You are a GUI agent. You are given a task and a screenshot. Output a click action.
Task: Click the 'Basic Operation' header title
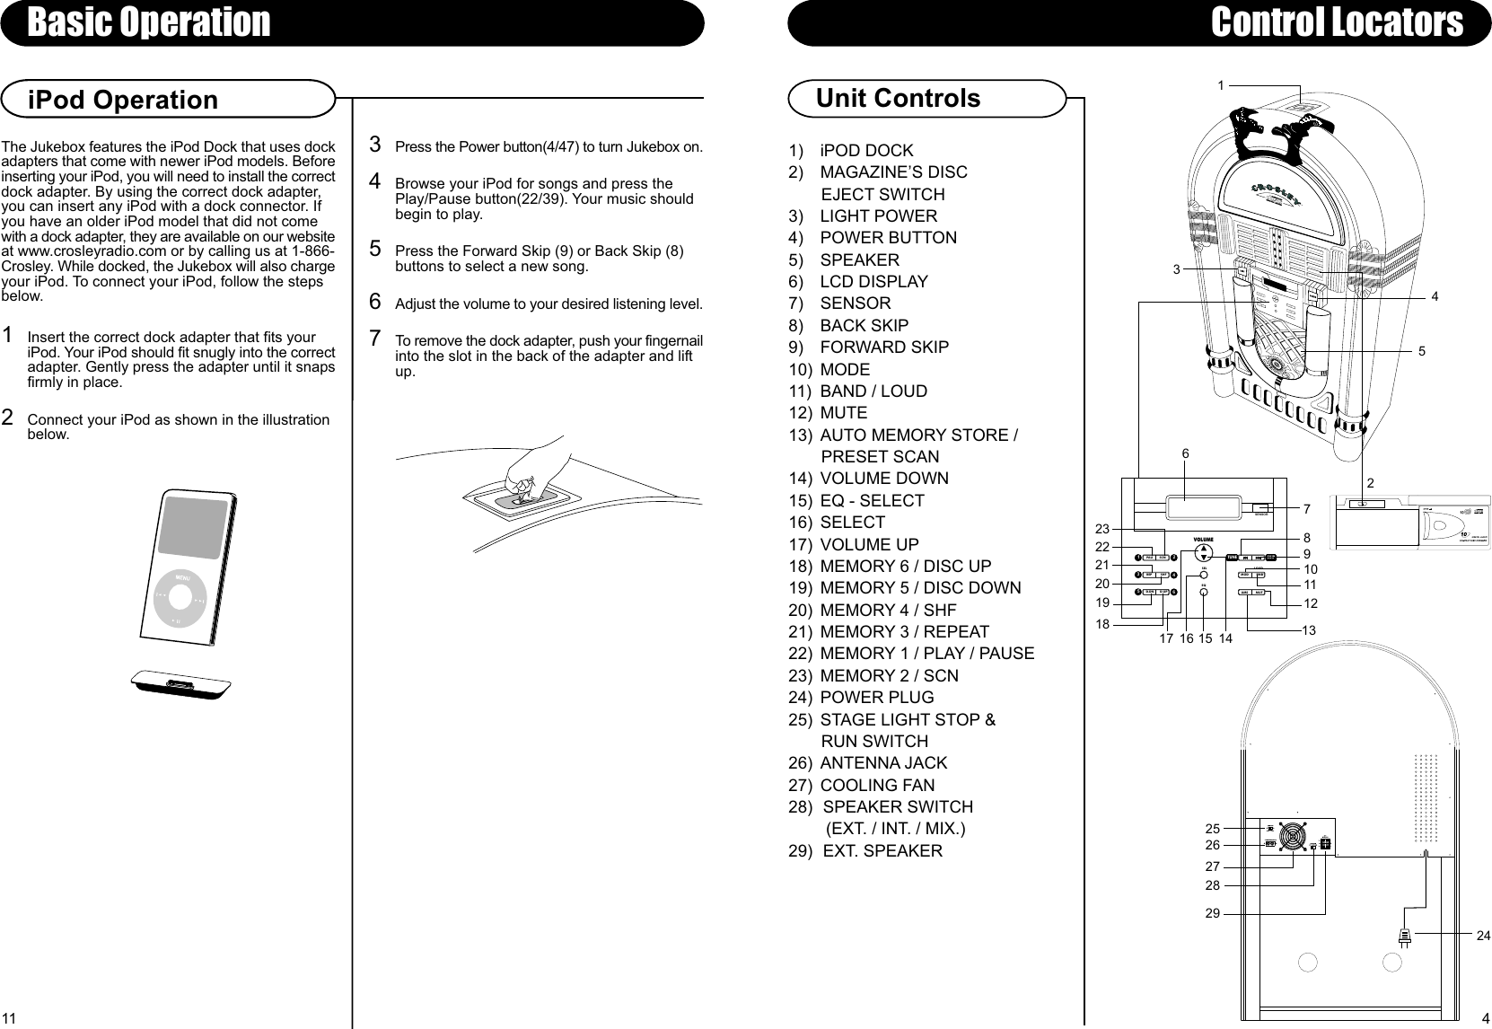pos(148,22)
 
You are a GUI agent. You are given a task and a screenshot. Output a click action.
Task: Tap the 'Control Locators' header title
pos(1336,22)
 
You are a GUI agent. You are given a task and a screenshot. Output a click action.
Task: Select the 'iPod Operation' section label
pos(123,100)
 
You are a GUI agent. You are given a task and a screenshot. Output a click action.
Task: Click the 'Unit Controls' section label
pos(898,98)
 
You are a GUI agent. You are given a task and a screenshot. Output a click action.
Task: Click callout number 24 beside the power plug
pos(1482,936)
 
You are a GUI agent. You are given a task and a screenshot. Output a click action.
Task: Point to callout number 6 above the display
pos(1185,454)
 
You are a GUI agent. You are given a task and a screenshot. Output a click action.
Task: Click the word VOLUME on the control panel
pos(1203,539)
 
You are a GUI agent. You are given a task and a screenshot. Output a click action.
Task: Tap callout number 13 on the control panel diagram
pos(1309,631)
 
